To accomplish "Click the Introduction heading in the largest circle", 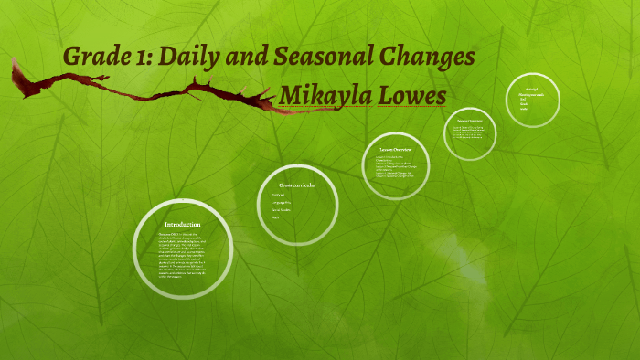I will [183, 224].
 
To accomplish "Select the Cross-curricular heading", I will [297, 185].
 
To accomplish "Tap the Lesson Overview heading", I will [394, 148].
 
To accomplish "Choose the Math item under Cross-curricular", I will [275, 218].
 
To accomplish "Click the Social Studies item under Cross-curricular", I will [281, 210].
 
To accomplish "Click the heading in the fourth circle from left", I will [470, 121].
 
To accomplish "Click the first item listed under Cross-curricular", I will [277, 195].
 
